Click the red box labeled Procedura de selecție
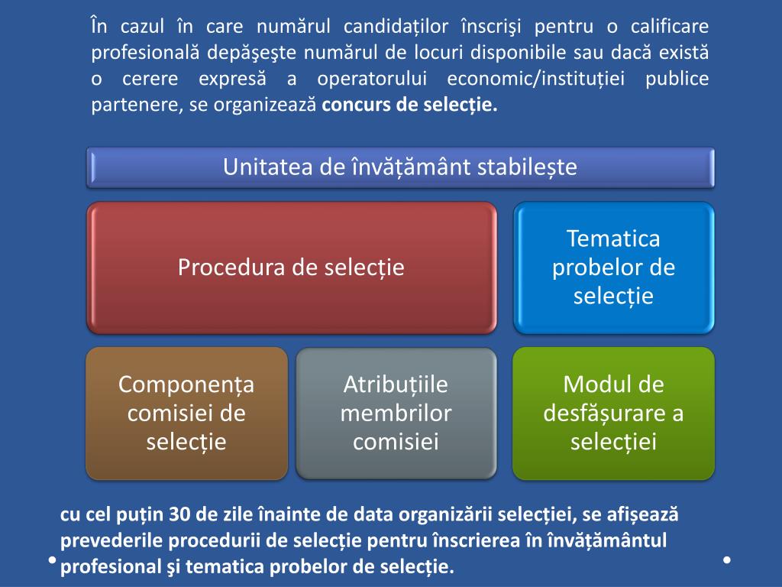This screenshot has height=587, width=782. (291, 268)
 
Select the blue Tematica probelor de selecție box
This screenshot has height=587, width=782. (613, 268)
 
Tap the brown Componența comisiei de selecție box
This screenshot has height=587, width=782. (186, 413)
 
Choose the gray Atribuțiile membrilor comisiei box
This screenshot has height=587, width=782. (396, 413)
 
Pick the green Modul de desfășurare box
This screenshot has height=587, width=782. (613, 413)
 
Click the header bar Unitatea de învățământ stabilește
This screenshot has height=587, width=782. (400, 167)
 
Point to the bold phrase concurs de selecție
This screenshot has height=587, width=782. (409, 105)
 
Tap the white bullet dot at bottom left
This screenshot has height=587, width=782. (51, 560)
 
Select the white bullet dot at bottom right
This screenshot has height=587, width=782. (727, 560)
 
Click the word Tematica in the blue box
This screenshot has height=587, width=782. (613, 238)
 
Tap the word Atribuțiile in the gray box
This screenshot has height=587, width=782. (396, 384)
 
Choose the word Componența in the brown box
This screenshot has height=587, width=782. (186, 384)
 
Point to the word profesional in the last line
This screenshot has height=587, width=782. (106, 567)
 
